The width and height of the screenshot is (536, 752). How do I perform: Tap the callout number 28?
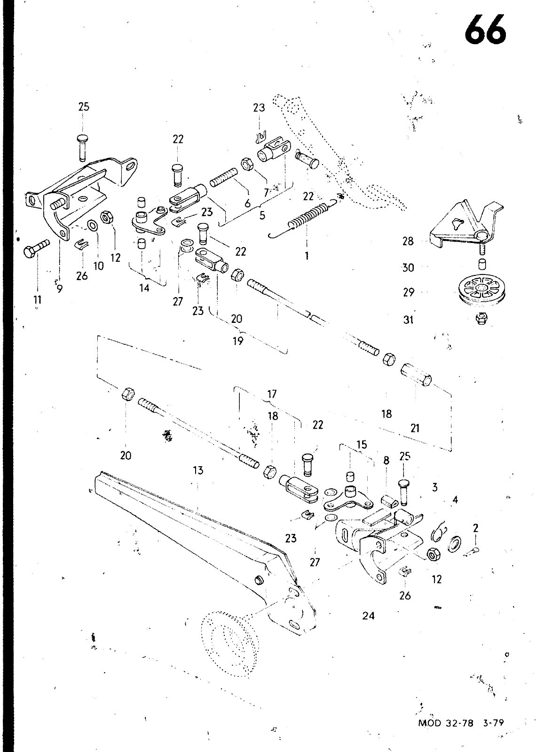tap(408, 241)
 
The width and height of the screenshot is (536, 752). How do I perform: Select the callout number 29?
tap(409, 292)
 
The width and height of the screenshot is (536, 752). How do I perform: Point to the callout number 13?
tap(198, 470)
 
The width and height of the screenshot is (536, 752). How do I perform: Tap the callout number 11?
tap(37, 299)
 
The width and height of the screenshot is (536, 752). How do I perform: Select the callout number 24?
tap(369, 615)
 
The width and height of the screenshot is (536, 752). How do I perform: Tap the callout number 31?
tap(408, 320)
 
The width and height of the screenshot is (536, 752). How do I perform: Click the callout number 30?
tap(408, 267)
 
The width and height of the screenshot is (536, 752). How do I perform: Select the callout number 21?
tap(415, 428)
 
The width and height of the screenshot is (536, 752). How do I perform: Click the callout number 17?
tap(272, 394)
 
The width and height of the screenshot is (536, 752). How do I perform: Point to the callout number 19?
tap(238, 340)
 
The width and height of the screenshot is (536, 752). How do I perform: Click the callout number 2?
tap(476, 528)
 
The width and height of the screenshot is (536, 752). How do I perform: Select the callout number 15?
tap(361, 445)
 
